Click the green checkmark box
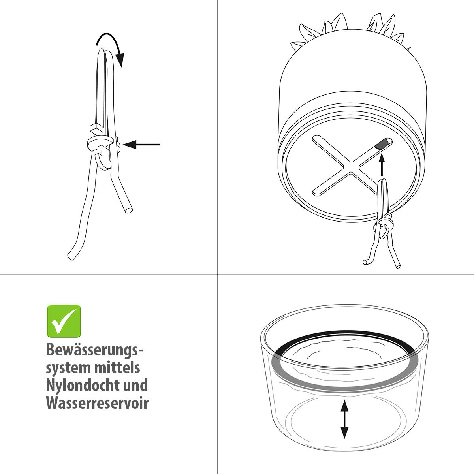(x=64, y=321)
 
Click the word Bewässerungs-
(x=94, y=350)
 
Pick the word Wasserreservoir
(x=98, y=403)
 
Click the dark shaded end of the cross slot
(x=381, y=144)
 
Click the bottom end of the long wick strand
(x=71, y=257)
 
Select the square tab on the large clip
(x=97, y=128)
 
